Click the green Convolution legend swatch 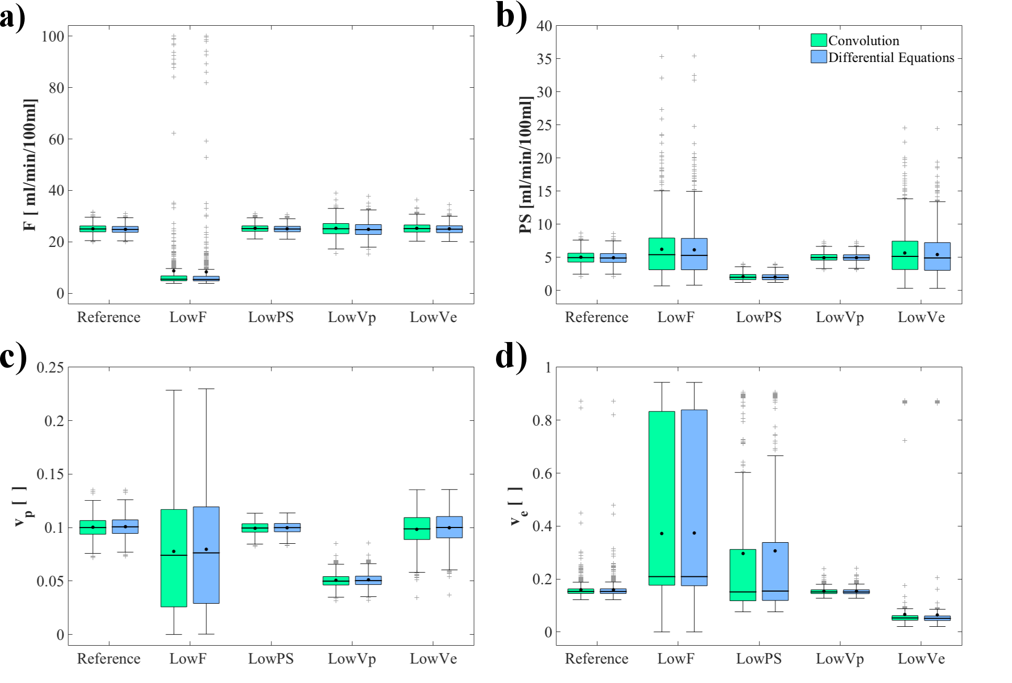[818, 40]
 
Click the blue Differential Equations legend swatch [818, 57]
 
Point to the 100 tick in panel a [53, 37]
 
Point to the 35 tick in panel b [544, 59]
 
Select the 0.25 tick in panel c [50, 368]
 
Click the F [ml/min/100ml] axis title [30, 165]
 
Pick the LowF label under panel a [188, 317]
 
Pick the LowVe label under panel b [921, 317]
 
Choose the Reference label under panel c [109, 659]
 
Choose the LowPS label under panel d [758, 659]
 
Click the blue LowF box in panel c [206, 555]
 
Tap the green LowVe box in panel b [905, 255]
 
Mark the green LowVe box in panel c [417, 529]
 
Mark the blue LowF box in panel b [694, 254]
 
